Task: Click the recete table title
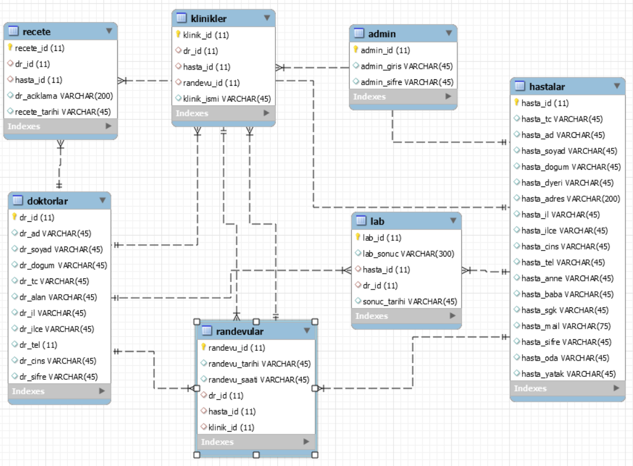pos(37,31)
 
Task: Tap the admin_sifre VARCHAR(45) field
pos(407,82)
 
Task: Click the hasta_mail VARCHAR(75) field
pos(566,326)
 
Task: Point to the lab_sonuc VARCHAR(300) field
pos(408,254)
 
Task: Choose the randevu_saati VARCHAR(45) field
pos(259,380)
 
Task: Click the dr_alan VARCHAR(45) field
pos(58,297)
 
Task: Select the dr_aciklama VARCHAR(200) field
pos(64,96)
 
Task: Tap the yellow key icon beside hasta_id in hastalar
pos(516,103)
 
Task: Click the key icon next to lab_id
pos(358,237)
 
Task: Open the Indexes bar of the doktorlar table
pos(60,391)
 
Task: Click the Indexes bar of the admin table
pos(403,97)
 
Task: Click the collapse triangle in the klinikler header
pos(267,18)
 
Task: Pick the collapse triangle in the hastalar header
pos(617,86)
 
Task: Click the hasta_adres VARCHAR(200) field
pos(570,199)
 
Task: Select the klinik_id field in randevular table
pos(231,427)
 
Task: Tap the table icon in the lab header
pos(360,221)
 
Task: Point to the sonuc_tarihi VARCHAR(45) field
pos(409,301)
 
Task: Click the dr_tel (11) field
pos(38,344)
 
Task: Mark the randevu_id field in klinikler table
pos(211,83)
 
